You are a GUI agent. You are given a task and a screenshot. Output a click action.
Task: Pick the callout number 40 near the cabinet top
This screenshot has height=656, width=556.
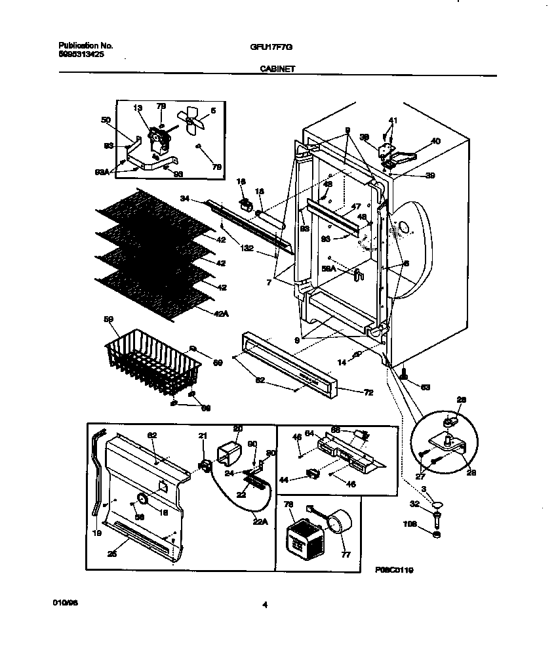coord(435,141)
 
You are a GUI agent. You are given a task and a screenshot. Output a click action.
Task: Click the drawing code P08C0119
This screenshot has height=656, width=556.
coord(395,571)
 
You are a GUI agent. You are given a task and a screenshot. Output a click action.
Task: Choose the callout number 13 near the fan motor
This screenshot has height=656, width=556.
coord(138,108)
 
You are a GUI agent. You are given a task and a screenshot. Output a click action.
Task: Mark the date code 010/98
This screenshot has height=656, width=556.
coord(62,602)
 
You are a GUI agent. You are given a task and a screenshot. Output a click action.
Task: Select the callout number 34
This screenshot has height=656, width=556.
coord(185,197)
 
